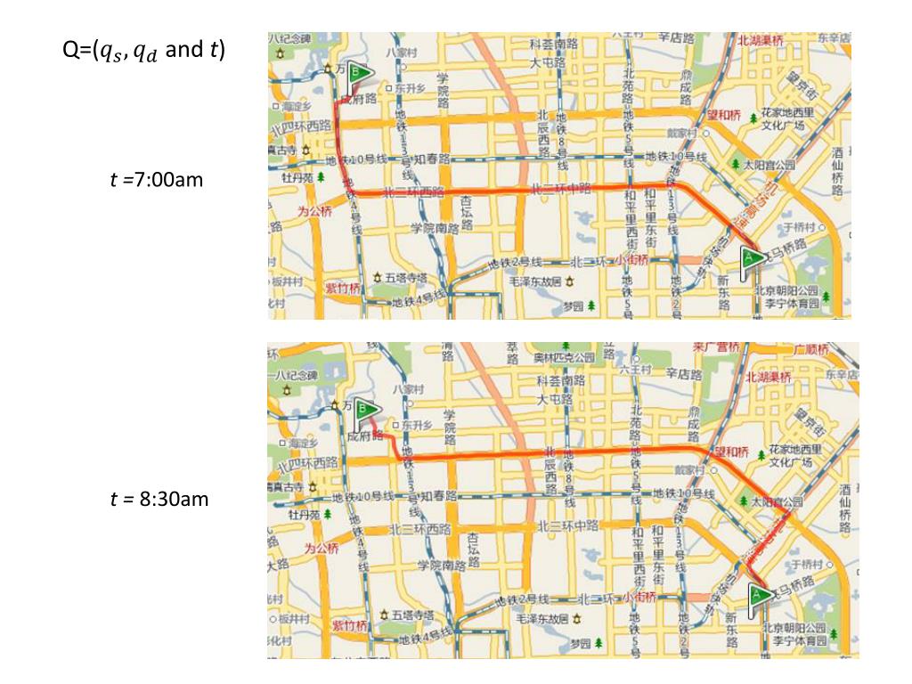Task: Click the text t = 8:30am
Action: click(x=159, y=499)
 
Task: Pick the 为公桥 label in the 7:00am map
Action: click(x=313, y=212)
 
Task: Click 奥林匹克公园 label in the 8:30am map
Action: click(x=564, y=357)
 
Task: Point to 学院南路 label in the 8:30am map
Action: click(x=439, y=565)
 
